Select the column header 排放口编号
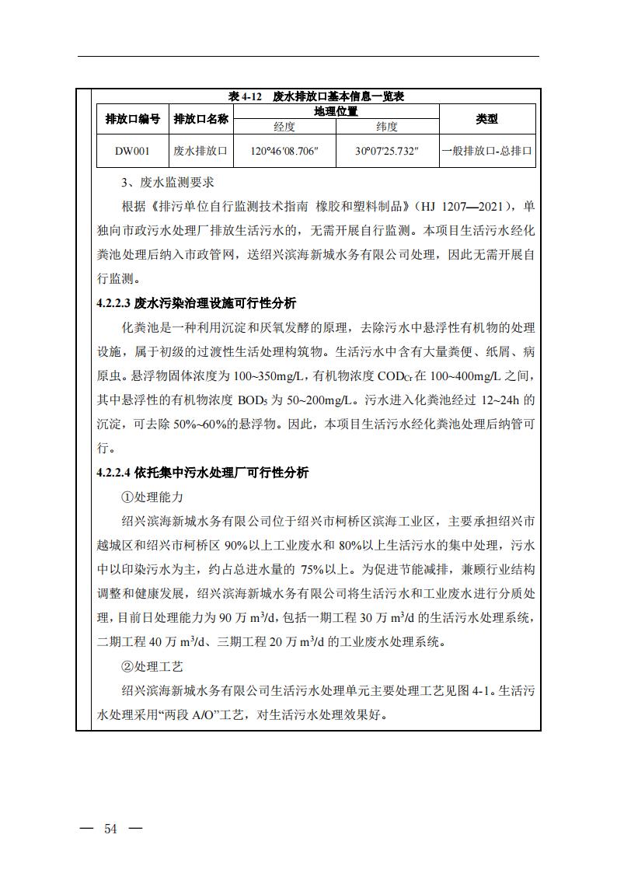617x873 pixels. tap(133, 119)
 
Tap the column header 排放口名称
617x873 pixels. tap(200, 119)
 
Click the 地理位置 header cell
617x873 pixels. tap(336, 111)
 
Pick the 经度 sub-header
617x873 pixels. tap(284, 127)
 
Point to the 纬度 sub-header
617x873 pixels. tap(387, 127)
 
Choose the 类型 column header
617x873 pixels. tap(486, 119)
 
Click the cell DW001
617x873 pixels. tap(133, 152)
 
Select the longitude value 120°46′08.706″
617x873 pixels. tap(284, 152)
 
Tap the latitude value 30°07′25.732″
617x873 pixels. tap(387, 152)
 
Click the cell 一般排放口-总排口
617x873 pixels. tap(486, 152)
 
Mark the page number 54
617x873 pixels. tap(110, 829)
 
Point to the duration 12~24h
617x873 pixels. tap(499, 400)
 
